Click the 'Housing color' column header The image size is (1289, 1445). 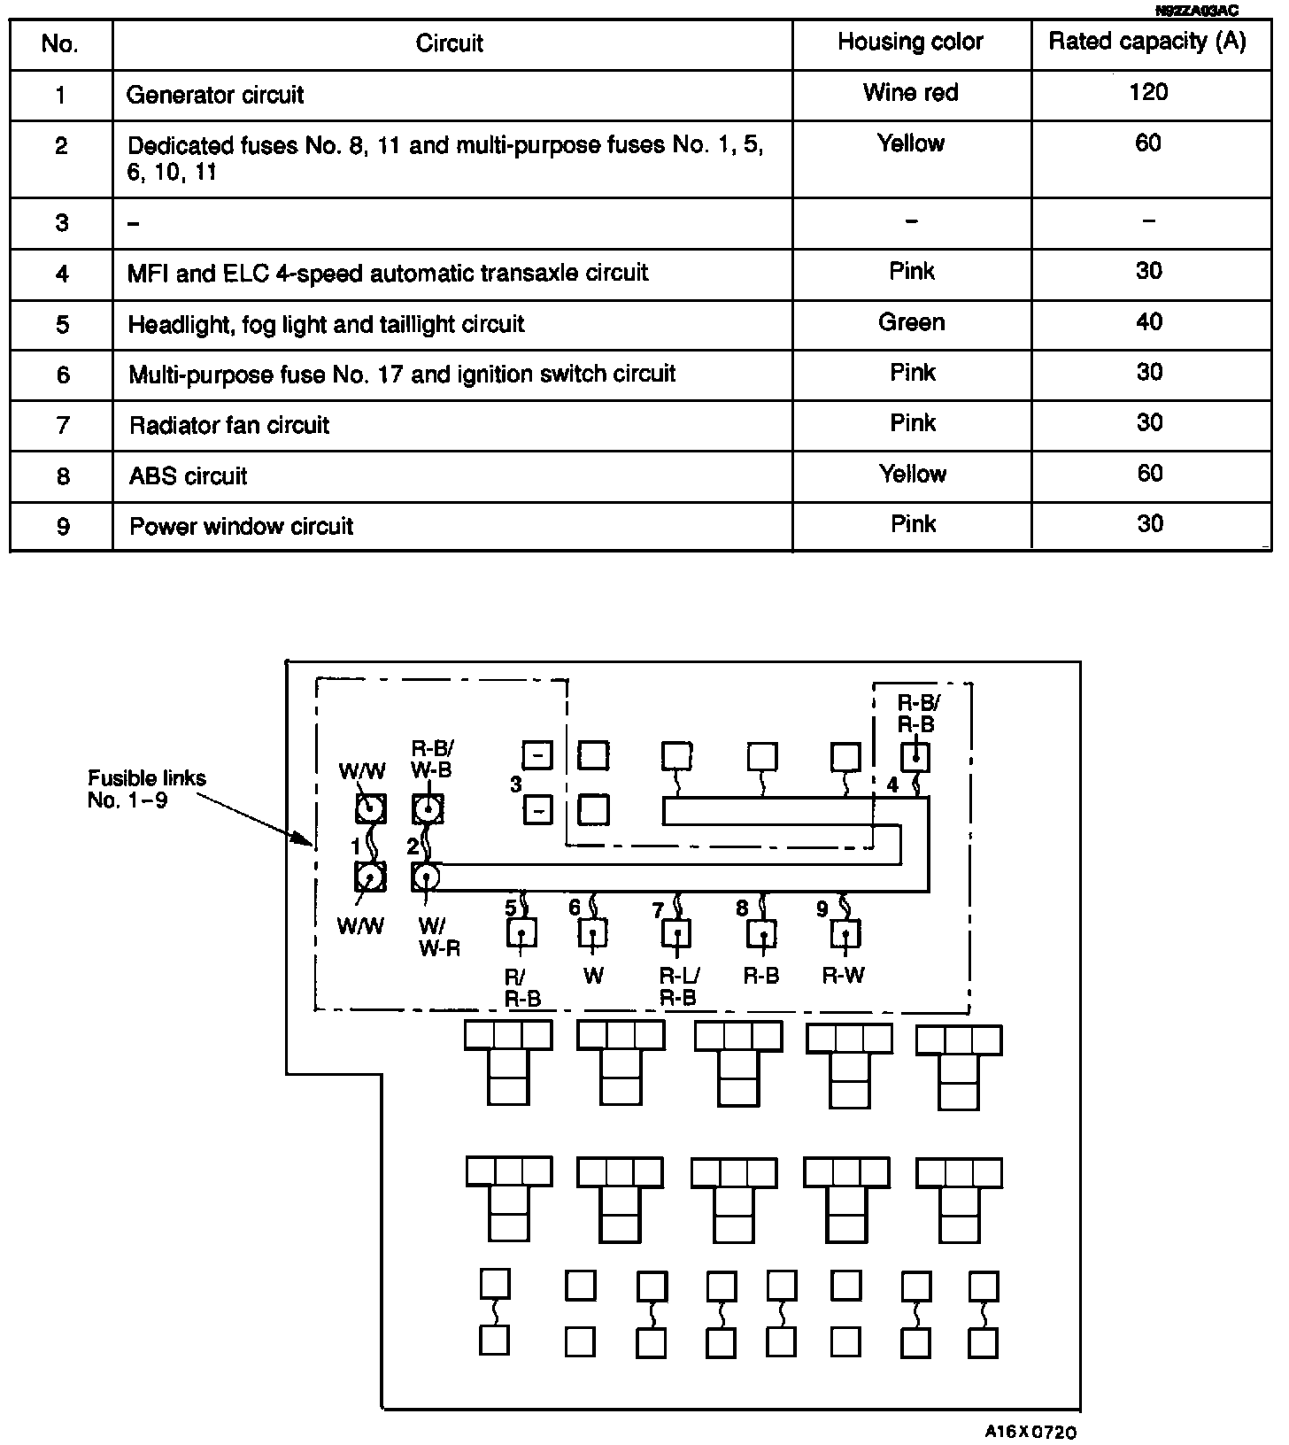pos(910,42)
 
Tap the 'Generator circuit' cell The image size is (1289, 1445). pos(215,95)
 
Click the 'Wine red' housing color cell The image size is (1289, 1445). pos(910,93)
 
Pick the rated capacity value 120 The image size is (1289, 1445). pos(1148,92)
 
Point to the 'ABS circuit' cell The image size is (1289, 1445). pos(189,476)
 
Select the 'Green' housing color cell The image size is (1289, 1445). pos(911,322)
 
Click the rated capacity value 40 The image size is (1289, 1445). pos(1149,321)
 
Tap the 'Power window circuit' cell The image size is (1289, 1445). pos(242,527)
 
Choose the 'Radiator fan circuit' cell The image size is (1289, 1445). pos(229,426)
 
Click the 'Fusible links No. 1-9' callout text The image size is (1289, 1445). pos(147,789)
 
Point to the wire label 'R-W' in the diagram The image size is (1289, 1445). pos(843,976)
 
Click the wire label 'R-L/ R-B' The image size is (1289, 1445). pos(679,986)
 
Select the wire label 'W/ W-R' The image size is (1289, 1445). pos(439,937)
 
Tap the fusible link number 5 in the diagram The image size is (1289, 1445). pos(511,908)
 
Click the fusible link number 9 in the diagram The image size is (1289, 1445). pos(822,909)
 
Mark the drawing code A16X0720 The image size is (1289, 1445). pos(1031,1432)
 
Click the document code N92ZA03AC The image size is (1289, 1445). pos(1196,11)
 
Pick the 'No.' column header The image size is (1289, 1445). pos(60,43)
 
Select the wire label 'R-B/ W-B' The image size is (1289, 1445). pos(431,759)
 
